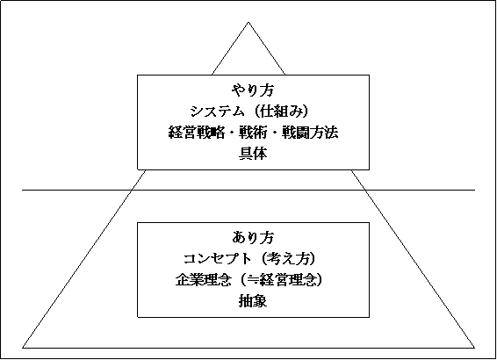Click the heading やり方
click(x=253, y=90)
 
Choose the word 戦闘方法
click(x=309, y=133)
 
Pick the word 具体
click(x=253, y=154)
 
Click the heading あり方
click(x=253, y=238)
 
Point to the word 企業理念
click(x=203, y=280)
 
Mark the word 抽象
click(x=253, y=301)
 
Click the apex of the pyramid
click(x=248, y=22)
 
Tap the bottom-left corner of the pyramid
click(x=23, y=348)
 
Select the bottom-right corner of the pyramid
click(x=474, y=348)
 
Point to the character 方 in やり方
click(x=267, y=90)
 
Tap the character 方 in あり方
click(x=267, y=238)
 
